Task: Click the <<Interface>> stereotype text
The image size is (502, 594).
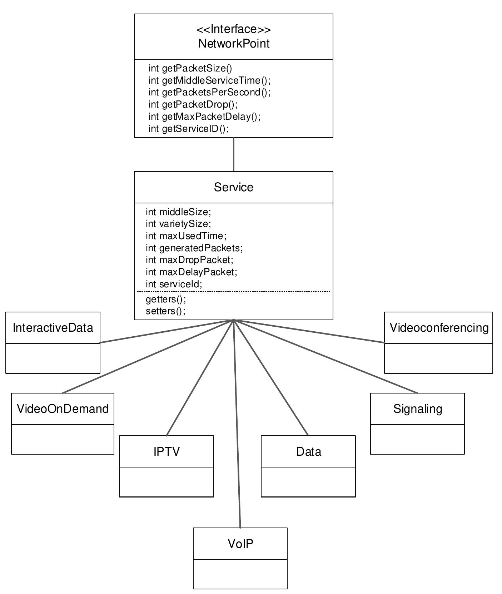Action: tap(234, 29)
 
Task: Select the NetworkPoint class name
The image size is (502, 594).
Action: tap(234, 44)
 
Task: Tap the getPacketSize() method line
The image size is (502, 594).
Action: tap(190, 68)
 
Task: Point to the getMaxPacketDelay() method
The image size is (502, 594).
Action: tap(204, 117)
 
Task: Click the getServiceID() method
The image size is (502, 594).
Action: tap(189, 129)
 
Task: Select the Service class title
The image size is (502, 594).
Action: tap(234, 187)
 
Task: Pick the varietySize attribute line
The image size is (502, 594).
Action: tap(178, 224)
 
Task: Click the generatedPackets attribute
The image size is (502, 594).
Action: tap(194, 248)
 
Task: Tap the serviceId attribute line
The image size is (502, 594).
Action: tap(174, 284)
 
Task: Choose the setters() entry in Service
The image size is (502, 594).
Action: tap(165, 311)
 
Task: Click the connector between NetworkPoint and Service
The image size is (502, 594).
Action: tap(234, 154)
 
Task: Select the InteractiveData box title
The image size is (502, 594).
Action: tap(53, 328)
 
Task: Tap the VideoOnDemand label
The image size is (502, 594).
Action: tap(63, 409)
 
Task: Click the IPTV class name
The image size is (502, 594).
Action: tap(166, 451)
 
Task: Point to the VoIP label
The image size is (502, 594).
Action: tap(240, 544)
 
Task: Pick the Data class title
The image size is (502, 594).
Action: tap(308, 452)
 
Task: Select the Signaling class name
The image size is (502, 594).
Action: tap(417, 409)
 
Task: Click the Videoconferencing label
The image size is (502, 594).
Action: tap(439, 328)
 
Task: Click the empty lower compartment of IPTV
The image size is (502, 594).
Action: tap(166, 481)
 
